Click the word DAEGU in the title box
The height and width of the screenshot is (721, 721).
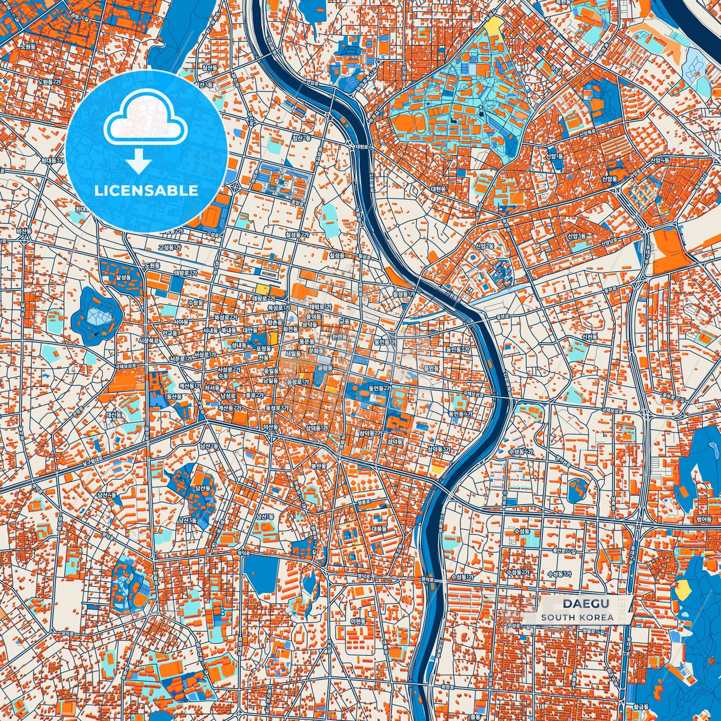point(586,604)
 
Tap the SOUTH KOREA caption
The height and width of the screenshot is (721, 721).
point(577,617)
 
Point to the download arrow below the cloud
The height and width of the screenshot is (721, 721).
point(139,162)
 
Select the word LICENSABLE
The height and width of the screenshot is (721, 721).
point(146,191)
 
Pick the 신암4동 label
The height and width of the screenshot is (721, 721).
point(660,160)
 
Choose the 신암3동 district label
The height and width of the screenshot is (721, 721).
point(576,236)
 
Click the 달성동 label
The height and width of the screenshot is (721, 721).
point(123,277)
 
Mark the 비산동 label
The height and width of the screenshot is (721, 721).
point(23,232)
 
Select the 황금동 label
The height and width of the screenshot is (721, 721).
point(641,707)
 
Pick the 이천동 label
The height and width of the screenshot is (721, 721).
point(358,621)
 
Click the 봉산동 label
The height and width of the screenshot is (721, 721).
point(318,466)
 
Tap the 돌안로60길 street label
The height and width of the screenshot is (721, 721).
point(566,552)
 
